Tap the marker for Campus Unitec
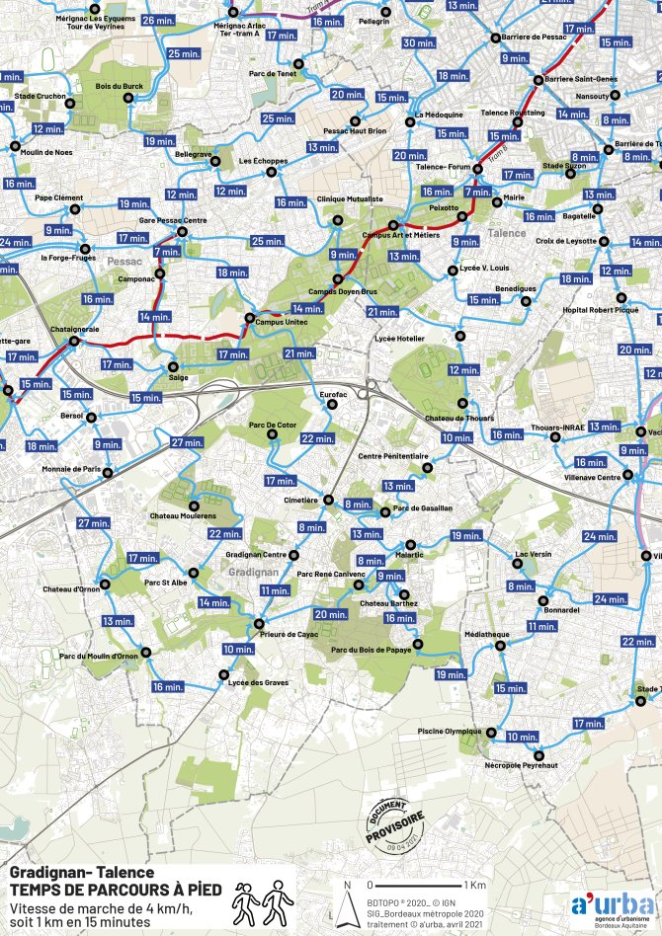(x=249, y=317)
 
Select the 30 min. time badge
(x=418, y=43)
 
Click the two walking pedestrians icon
(x=264, y=899)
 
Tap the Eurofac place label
(x=335, y=394)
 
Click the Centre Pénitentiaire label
(x=393, y=456)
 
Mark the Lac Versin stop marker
(x=520, y=568)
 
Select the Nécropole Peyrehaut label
(x=522, y=765)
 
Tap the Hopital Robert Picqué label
(x=601, y=309)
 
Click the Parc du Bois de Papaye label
(x=372, y=649)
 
